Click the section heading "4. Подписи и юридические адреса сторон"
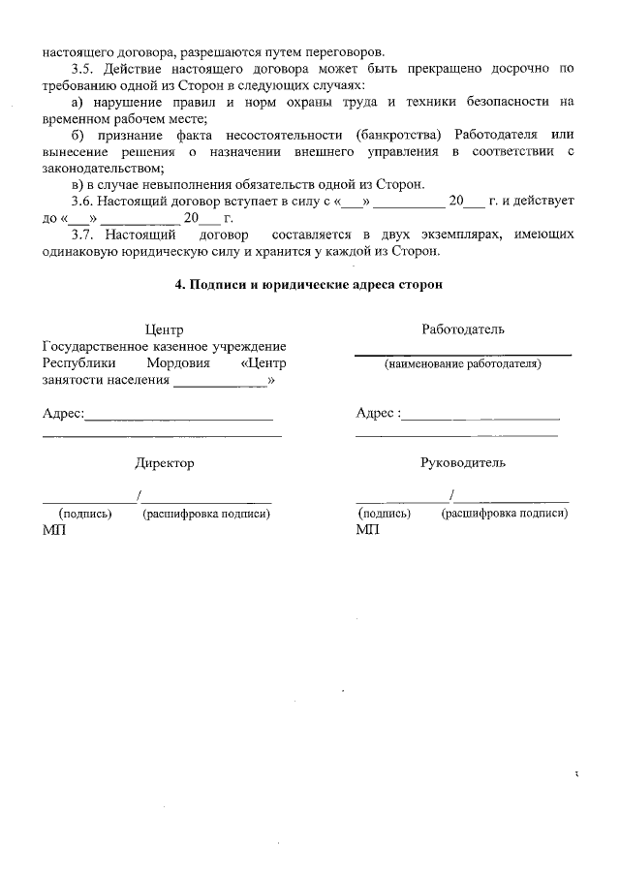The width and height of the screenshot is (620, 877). tap(310, 285)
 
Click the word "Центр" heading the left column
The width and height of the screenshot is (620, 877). tap(164, 330)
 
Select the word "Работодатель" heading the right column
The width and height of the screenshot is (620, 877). tap(463, 329)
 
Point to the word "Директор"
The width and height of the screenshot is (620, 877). tap(165, 463)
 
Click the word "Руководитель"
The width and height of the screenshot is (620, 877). tap(463, 463)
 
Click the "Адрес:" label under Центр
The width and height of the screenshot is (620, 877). tap(64, 414)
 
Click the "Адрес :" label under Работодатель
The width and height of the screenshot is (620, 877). tap(378, 414)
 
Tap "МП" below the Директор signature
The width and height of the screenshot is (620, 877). tap(54, 530)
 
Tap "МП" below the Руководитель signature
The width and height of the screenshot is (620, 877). tap(368, 530)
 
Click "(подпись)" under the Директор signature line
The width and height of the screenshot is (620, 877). tap(86, 514)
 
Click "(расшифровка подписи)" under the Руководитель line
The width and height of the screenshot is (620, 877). tap(504, 514)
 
